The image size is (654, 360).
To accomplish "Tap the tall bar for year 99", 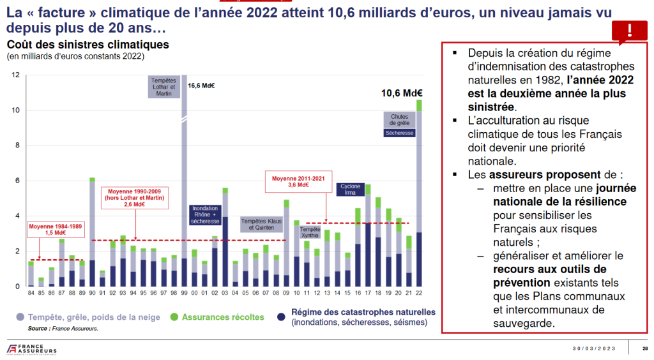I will point(185,185).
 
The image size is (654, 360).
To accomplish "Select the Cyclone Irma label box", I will point(351,190).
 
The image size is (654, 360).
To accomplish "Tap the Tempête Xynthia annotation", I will point(310,232).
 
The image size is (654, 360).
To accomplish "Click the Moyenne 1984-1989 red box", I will point(54,230).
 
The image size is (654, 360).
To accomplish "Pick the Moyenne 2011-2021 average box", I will point(294,181).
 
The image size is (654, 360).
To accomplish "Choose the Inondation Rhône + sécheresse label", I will point(206,214).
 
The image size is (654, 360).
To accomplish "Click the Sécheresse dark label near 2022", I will point(400,133).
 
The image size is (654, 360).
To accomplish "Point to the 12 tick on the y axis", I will point(16,75).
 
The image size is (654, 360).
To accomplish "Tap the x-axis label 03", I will point(225,293).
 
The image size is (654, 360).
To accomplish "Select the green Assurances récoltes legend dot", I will point(174,317).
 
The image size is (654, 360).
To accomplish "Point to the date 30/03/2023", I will point(595,348).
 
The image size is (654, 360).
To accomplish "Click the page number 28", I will point(645,348).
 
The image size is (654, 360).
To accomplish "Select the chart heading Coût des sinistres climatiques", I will point(87,45).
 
